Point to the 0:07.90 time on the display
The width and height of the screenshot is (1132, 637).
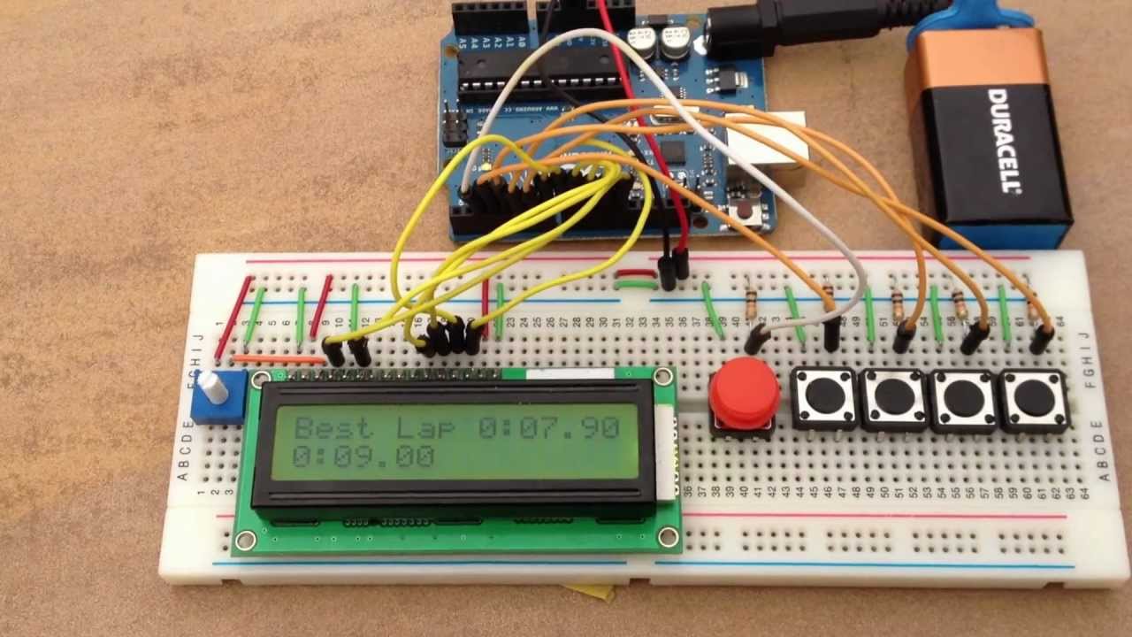point(548,428)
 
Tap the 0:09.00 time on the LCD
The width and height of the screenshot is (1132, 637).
point(363,457)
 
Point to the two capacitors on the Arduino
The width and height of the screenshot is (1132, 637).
point(658,41)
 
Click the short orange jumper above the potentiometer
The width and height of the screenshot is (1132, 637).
point(278,359)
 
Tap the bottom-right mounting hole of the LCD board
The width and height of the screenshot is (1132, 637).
point(667,535)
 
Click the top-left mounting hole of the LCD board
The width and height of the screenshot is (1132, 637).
point(260,380)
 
